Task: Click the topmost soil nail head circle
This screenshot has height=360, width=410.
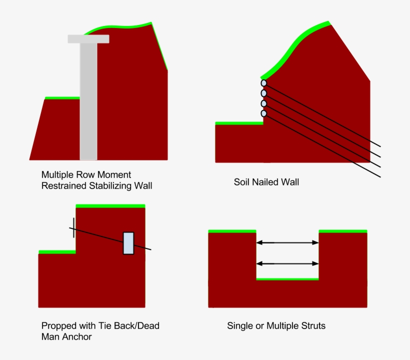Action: coord(263,82)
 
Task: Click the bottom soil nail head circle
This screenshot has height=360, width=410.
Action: coord(263,113)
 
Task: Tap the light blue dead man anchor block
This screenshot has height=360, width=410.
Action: coord(128,243)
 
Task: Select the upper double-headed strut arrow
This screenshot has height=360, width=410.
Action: coord(287,242)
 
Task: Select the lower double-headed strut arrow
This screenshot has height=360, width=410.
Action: coord(287,263)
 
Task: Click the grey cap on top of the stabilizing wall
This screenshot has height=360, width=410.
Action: coord(88,39)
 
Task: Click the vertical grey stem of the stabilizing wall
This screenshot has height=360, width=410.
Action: coord(88,100)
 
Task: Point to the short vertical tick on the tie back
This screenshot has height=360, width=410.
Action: coord(73,227)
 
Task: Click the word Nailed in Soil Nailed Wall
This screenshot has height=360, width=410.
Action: coord(266,182)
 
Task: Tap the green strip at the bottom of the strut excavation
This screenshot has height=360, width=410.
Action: coord(287,279)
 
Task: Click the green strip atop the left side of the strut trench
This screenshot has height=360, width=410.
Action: coord(232,231)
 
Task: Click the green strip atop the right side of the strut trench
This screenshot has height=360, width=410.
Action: coord(342,231)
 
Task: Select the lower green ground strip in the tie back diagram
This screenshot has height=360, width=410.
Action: coord(57,252)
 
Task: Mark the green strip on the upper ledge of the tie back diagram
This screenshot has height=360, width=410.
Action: coord(110,205)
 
